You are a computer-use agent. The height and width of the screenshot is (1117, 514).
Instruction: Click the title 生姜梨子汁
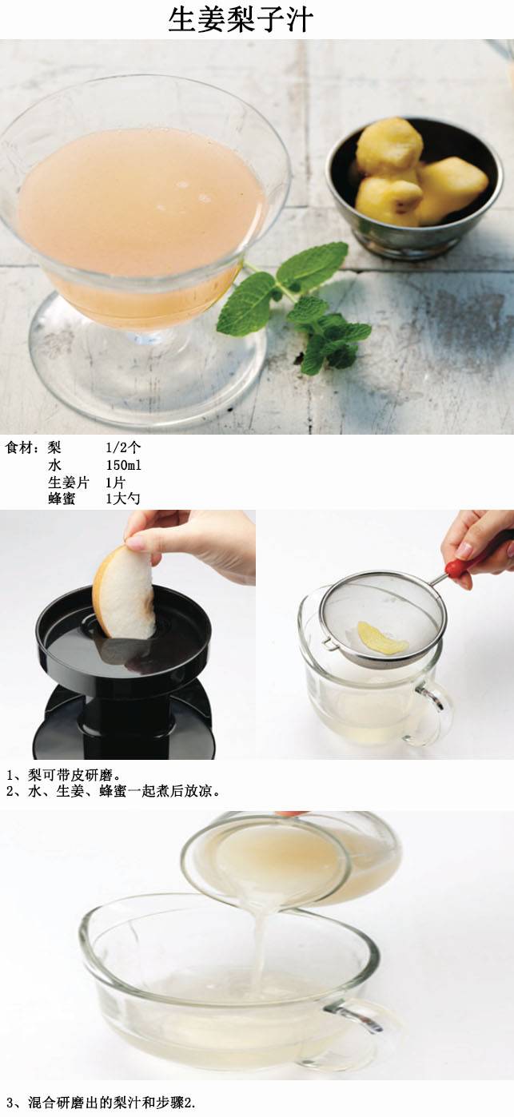[x=241, y=20]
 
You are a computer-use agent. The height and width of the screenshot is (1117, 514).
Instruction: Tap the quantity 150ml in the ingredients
[x=123, y=465]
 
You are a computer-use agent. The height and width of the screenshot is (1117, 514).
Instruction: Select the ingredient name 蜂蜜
[x=62, y=499]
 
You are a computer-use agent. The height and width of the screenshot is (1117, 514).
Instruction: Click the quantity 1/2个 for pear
[x=123, y=447]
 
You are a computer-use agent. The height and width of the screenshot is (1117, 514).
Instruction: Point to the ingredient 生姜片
[x=69, y=483]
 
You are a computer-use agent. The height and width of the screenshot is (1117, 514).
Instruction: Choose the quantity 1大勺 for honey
[x=123, y=499]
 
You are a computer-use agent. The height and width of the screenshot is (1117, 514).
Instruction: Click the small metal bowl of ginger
[x=414, y=188]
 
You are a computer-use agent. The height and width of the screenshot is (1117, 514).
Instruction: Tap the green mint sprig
[x=294, y=309]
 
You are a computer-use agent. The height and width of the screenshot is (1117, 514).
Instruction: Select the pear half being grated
[x=124, y=594]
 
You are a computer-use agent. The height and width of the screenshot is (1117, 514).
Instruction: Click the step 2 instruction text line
[x=114, y=791]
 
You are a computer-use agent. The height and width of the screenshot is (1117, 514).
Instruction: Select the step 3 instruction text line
[x=101, y=1103]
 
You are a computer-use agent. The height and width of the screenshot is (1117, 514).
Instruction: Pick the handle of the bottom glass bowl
[x=357, y=1017]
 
